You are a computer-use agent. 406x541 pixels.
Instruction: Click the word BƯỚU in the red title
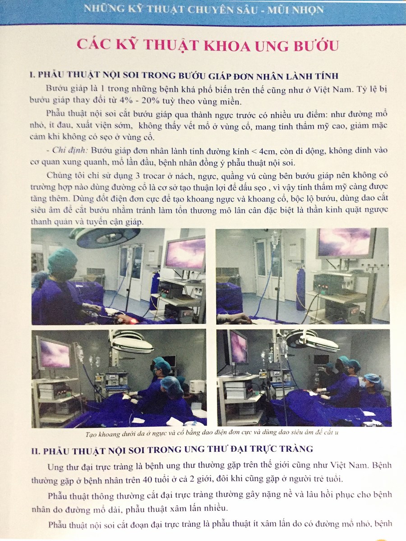[316, 46]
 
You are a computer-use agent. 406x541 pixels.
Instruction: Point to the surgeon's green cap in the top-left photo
[62, 260]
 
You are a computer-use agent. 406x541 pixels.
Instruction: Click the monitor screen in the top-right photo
[344, 242]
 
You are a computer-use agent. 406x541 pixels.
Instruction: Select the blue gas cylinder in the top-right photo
[301, 289]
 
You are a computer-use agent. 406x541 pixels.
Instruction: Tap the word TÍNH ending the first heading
[327, 76]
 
